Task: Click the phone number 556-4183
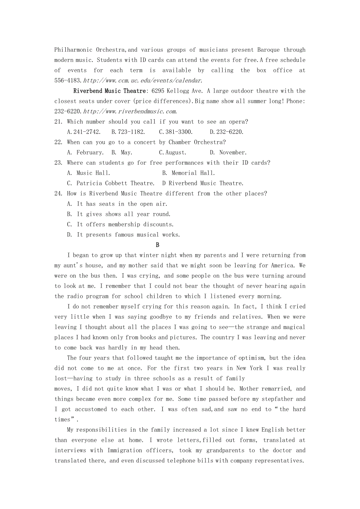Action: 68,81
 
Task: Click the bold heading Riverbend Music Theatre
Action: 109,91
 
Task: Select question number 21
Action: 58,122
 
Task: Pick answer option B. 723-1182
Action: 128,132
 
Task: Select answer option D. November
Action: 229,152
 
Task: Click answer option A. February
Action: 85,152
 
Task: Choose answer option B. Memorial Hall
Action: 189,173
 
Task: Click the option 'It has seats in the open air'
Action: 117,204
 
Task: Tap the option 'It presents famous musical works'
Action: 124,235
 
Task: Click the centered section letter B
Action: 158,245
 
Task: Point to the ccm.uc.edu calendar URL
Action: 143,81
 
